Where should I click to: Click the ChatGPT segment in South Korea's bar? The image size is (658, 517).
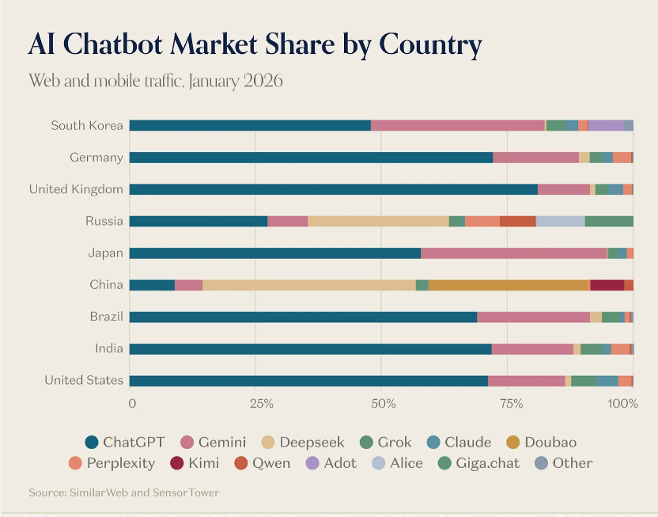[x=250, y=125]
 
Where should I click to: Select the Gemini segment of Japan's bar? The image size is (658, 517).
[x=513, y=253]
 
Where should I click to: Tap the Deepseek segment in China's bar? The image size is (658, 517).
[x=308, y=285]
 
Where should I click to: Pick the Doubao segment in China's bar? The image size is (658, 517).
[x=509, y=285]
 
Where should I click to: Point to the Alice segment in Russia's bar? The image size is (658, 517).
[x=560, y=221]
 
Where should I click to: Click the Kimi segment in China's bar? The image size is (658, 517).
[x=607, y=285]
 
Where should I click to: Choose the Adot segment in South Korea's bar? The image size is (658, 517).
[x=606, y=125]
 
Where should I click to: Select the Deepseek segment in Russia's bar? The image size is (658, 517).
[x=378, y=221]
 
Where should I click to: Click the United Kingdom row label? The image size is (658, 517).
[x=76, y=189]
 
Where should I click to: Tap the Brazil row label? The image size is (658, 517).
[x=106, y=317]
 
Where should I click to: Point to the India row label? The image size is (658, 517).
[x=109, y=348]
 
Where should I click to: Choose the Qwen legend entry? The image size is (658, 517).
[x=262, y=463]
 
